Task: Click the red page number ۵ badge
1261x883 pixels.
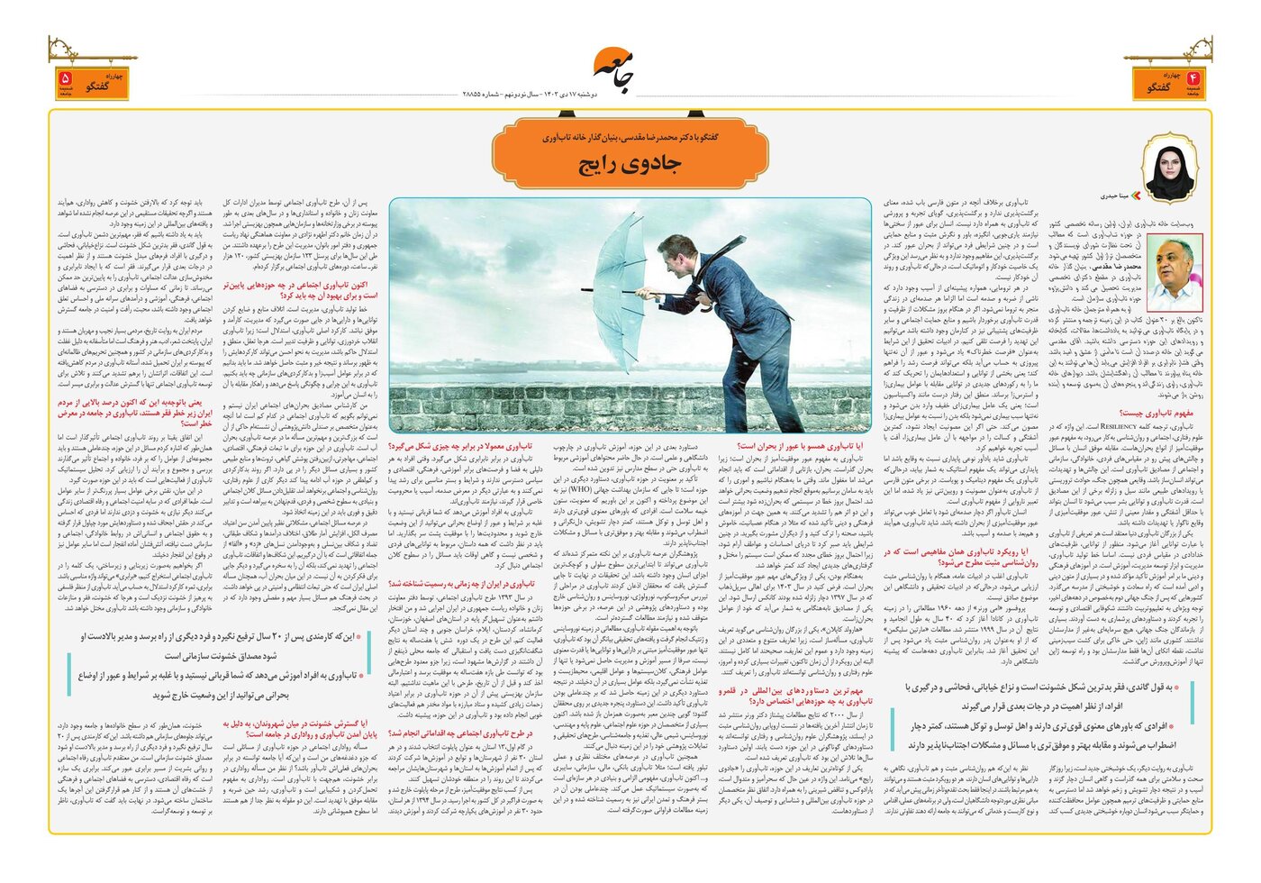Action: tap(66, 83)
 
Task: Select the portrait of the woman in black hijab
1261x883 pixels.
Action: tap(1170, 170)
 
